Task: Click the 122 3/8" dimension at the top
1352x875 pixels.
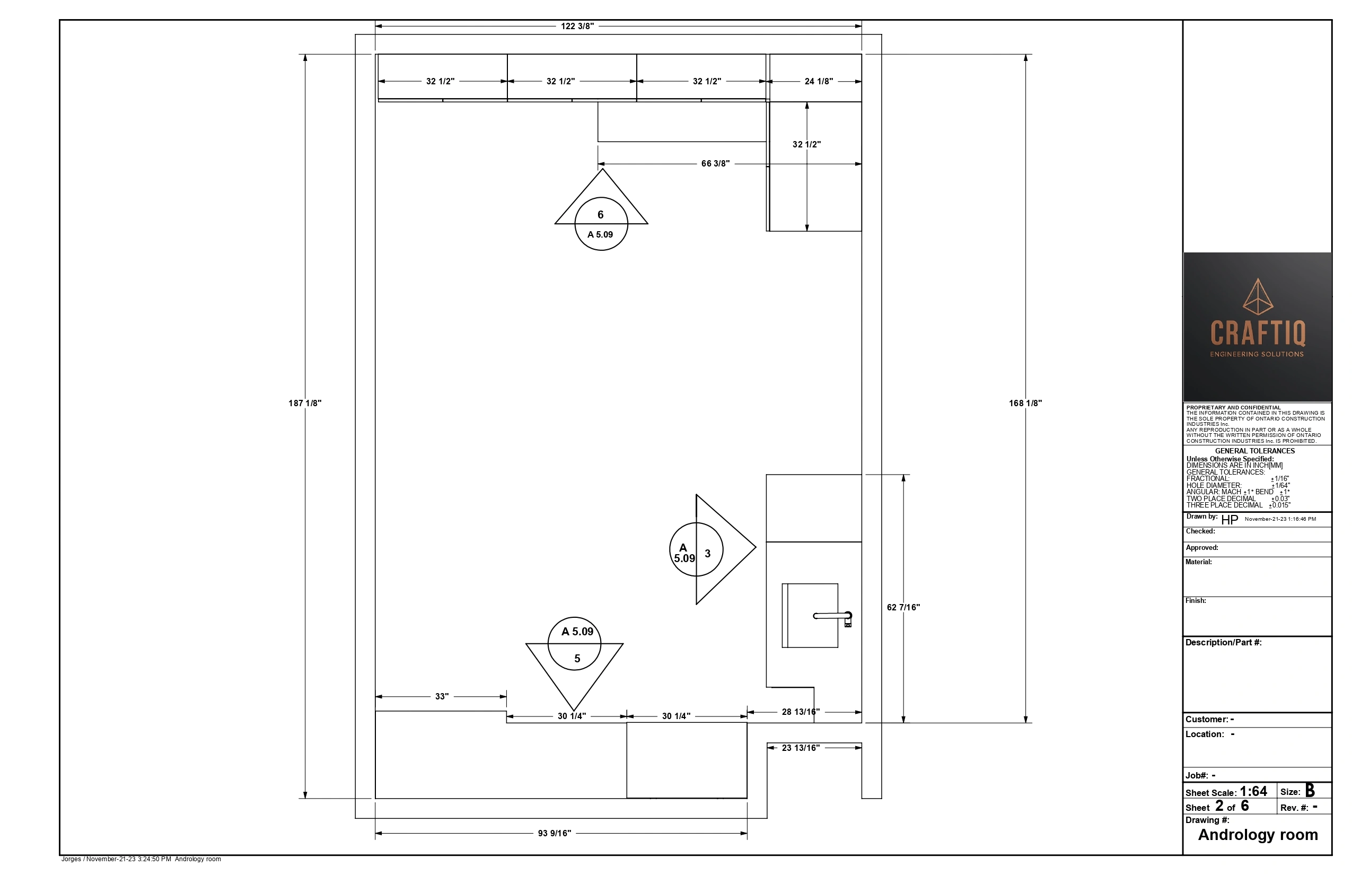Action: [577, 26]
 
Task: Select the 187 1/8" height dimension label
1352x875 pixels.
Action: [305, 404]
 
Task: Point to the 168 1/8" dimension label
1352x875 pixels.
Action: [1025, 404]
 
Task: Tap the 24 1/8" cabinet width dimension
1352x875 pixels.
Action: [819, 81]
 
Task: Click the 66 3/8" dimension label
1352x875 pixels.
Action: [715, 164]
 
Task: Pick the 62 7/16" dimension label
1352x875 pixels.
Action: [903, 607]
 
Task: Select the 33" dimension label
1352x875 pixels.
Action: [442, 697]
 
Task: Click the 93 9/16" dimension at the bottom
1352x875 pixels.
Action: [555, 834]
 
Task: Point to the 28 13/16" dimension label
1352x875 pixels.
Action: [801, 712]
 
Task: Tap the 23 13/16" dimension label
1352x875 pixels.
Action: [801, 748]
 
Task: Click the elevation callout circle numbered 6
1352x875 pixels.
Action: [601, 224]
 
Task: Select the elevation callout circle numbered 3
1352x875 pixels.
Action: [697, 549]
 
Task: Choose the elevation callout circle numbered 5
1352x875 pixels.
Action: [574, 644]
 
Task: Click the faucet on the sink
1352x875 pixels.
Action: [833, 618]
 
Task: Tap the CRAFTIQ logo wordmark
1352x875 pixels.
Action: [1258, 333]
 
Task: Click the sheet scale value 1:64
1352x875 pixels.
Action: [1253, 791]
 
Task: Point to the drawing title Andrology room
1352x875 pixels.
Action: [1258, 835]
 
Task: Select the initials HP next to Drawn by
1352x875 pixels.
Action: [1230, 520]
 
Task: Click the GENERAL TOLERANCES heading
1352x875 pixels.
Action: [1255, 451]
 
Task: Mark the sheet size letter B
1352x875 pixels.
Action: [1310, 790]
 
